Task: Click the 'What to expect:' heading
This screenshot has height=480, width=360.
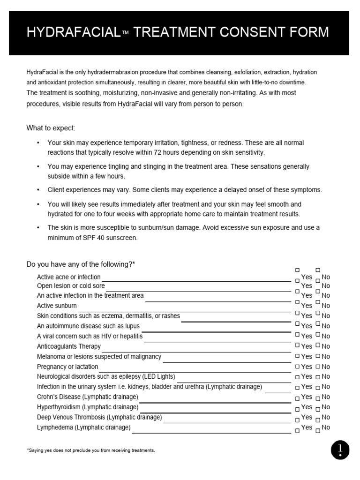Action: point(51,128)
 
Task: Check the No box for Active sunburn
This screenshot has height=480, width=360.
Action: point(318,301)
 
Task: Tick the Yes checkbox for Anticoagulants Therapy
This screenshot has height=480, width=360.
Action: point(297,345)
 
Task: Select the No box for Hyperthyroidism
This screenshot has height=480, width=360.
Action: point(318,408)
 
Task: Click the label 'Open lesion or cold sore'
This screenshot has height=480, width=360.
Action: point(71,286)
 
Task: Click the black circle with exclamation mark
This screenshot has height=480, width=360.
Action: point(340,450)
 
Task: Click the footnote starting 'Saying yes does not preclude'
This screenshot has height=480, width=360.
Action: point(91,450)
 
